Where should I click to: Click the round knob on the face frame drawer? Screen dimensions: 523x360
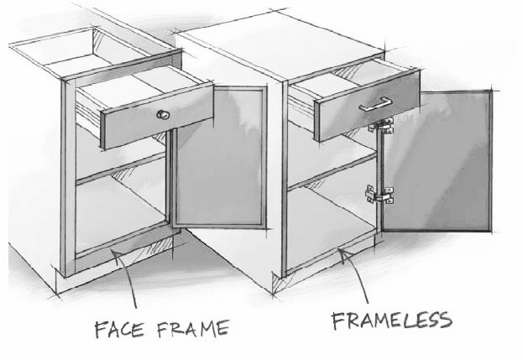(x=163, y=115)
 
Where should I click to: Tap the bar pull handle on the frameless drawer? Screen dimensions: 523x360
(x=375, y=104)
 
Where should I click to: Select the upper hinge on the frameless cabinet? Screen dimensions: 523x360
(x=382, y=125)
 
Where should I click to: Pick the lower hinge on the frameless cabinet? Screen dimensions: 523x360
(x=380, y=195)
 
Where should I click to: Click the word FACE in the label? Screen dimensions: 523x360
(x=119, y=329)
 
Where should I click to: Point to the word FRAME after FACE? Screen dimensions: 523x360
(x=193, y=329)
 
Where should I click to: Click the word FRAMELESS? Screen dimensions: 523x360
(x=392, y=321)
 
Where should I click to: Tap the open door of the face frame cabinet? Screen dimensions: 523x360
(x=219, y=157)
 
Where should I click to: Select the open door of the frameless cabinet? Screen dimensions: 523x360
(x=437, y=161)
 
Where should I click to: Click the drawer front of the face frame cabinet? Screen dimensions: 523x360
(x=157, y=116)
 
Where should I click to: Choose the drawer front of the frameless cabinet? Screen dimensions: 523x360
(x=367, y=106)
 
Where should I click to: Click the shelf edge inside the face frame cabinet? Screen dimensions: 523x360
(x=121, y=170)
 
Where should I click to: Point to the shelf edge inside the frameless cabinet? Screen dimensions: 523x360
(x=332, y=172)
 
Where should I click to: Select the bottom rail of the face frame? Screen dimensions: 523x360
(x=124, y=249)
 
